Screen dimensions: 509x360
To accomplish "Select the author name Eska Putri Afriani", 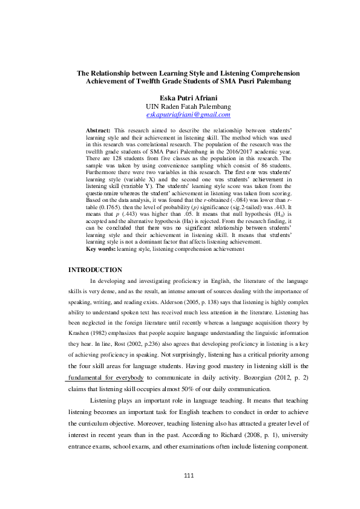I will click(188, 97).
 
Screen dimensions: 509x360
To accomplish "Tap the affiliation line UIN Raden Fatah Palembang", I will click(188, 106).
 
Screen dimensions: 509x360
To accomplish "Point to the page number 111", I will click(189, 475).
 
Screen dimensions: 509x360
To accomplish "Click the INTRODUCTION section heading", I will click(96, 270).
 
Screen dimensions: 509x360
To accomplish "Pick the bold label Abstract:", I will click(98, 130).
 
